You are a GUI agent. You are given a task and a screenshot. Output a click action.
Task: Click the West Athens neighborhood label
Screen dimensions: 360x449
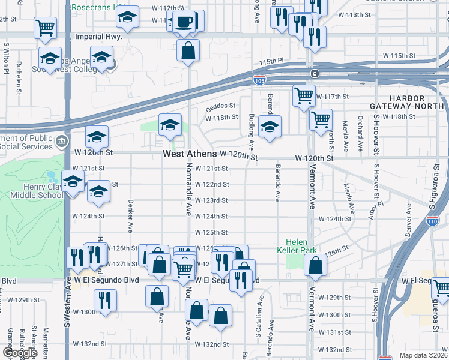pyautogui.click(x=190, y=154)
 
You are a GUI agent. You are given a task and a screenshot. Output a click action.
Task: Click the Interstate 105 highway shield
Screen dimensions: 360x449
pyautogui.click(x=259, y=79)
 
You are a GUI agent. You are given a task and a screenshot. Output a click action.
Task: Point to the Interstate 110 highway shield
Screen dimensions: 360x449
pyautogui.click(x=432, y=221)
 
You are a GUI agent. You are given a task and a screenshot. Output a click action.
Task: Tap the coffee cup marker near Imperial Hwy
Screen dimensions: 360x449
pyautogui.click(x=186, y=22)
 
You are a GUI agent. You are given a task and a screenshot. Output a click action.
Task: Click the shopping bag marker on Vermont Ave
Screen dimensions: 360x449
pyautogui.click(x=315, y=265)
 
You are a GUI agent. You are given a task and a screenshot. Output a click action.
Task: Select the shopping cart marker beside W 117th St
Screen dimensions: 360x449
pyautogui.click(x=304, y=95)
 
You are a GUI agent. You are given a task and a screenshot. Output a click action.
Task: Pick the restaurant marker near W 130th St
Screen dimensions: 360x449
pyautogui.click(x=105, y=301)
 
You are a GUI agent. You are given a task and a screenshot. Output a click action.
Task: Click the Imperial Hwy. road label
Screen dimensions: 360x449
pyautogui.click(x=98, y=36)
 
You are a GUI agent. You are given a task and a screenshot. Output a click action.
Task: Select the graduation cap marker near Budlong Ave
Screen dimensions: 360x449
pyautogui.click(x=270, y=127)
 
